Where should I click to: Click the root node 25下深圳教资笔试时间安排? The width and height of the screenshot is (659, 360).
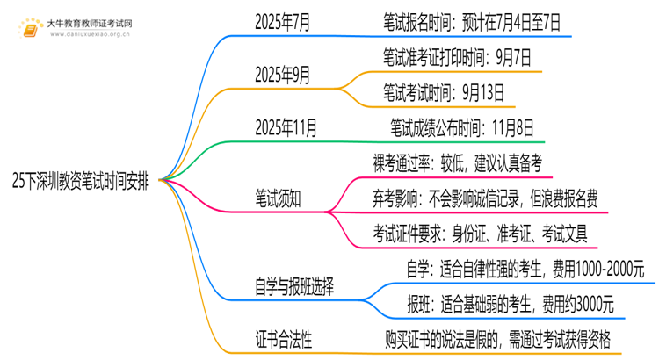[x=81, y=181]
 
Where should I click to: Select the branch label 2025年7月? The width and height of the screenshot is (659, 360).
[x=282, y=22]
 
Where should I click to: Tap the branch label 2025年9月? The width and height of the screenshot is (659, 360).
[x=282, y=76]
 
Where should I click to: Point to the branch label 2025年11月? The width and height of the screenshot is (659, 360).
[x=286, y=127]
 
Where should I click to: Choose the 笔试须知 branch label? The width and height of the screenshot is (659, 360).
[x=278, y=198]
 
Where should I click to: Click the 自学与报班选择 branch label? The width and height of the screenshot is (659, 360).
[x=294, y=287]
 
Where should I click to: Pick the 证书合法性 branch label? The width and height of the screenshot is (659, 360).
[x=284, y=340]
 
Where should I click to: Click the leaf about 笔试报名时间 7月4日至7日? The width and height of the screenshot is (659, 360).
[x=472, y=22]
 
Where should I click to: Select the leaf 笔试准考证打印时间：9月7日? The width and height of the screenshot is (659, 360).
[x=457, y=58]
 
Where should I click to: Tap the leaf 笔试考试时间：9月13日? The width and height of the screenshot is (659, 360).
[x=444, y=93]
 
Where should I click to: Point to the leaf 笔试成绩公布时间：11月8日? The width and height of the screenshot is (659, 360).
[x=462, y=127]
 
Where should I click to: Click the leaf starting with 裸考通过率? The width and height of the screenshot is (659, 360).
[x=457, y=163]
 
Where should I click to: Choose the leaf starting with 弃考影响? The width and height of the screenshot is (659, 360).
[x=485, y=198]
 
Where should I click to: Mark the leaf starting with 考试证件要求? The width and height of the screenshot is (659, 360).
[x=480, y=234]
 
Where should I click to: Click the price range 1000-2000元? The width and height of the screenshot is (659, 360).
[x=610, y=270]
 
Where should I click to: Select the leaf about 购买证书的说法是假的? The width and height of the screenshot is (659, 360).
[x=497, y=340]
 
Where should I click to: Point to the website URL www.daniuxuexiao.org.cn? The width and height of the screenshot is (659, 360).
[x=90, y=34]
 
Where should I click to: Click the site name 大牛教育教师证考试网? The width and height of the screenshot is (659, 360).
[x=90, y=24]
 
